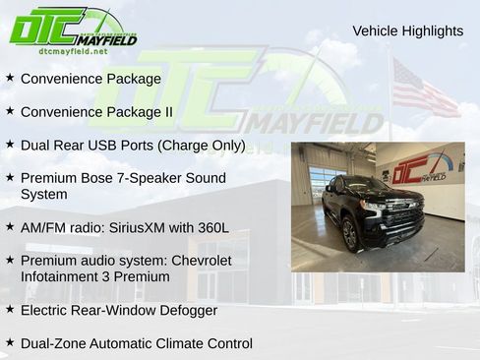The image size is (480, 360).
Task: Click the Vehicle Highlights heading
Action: click(x=407, y=31)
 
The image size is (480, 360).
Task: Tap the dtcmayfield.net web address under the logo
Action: click(x=74, y=50)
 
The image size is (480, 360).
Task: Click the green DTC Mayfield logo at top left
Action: click(x=73, y=27)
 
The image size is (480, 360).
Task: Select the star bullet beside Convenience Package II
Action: click(x=10, y=110)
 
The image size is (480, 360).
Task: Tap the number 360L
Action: click(x=210, y=227)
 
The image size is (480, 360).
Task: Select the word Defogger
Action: click(x=186, y=310)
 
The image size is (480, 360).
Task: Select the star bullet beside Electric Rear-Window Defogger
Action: click(x=10, y=309)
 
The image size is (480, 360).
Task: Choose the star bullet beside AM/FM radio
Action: click(x=10, y=226)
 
